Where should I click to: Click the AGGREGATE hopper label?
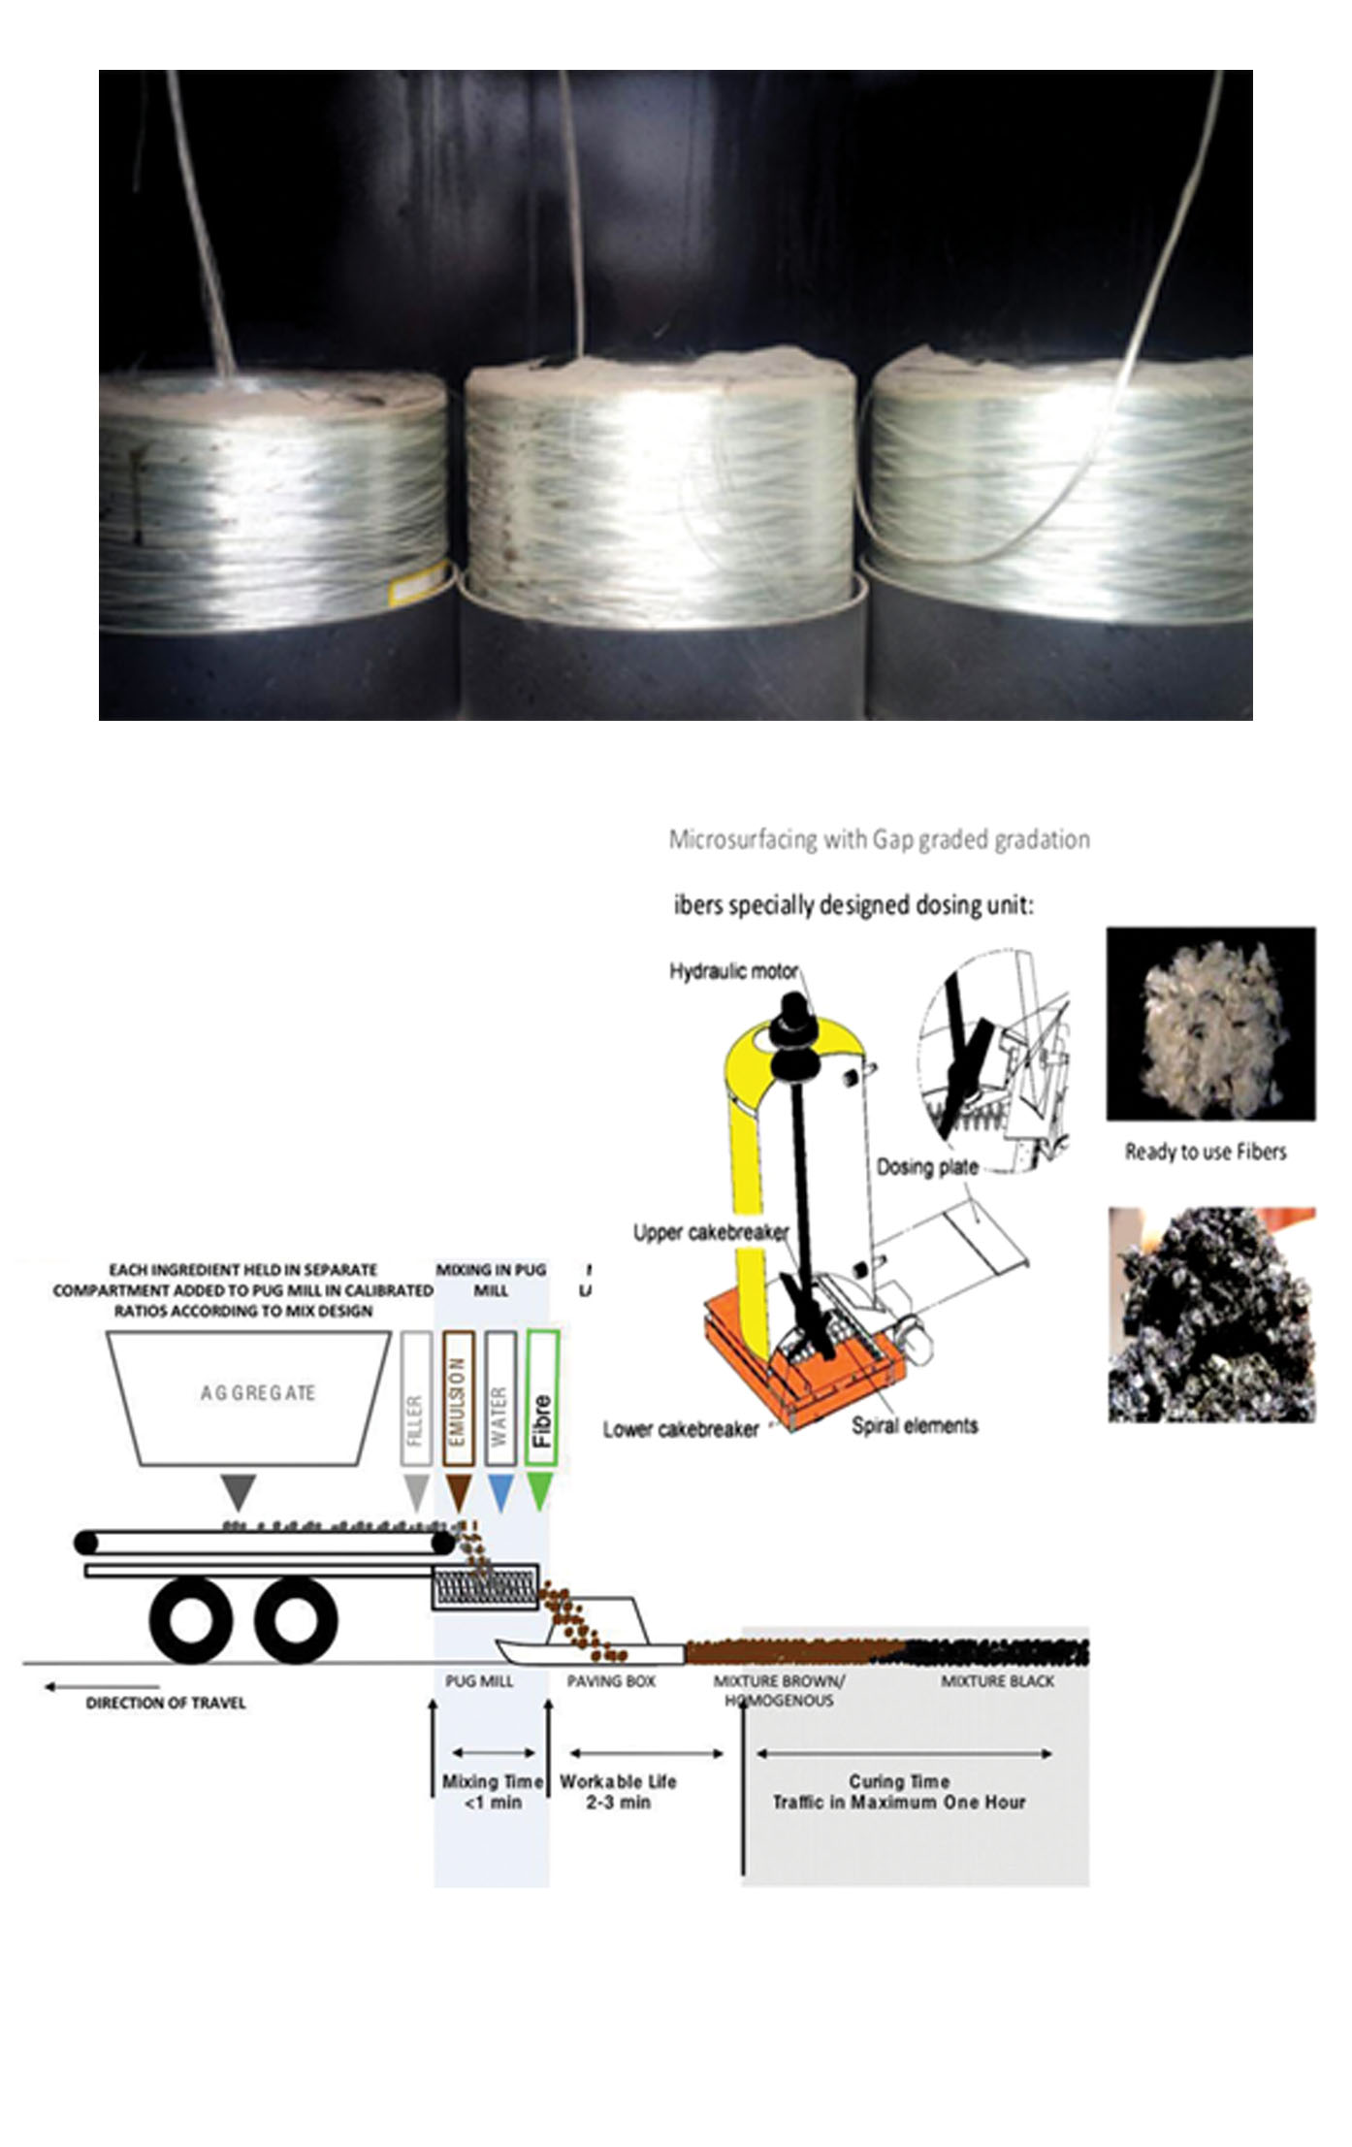coord(258,1393)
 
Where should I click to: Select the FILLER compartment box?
coord(416,1398)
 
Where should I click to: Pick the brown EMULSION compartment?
coord(458,1398)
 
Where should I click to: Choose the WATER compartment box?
coord(499,1398)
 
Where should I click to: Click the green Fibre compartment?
coord(542,1398)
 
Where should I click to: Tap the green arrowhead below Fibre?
coord(540,1491)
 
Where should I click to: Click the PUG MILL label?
coord(479,1680)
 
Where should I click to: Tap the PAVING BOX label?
coord(611,1680)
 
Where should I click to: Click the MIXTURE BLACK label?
coord(997,1680)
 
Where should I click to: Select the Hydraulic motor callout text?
coord(733,971)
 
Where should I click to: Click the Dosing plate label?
coord(927,1167)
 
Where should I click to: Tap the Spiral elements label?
coord(915,1425)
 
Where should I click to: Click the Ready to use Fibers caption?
coord(1206,1152)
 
